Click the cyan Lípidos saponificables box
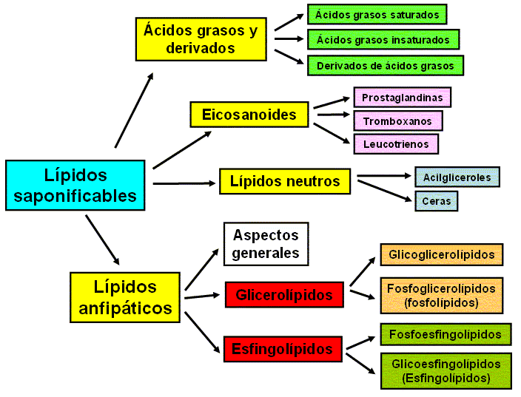pyautogui.click(x=75, y=185)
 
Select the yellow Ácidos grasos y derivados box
pyautogui.click(x=200, y=39)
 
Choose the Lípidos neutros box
pyautogui.click(x=284, y=181)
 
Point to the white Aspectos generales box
pyautogui.click(x=266, y=244)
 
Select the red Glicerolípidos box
pyautogui.click(x=284, y=295)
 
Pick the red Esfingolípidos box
pyautogui.click(x=283, y=348)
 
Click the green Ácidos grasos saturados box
pyautogui.click(x=377, y=14)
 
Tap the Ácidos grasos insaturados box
pyautogui.click(x=383, y=39)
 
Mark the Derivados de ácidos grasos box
pyautogui.click(x=385, y=65)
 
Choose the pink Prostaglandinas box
pyautogui.click(x=402, y=97)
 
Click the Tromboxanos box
pyautogui.click(x=397, y=120)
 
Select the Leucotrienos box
pyautogui.click(x=396, y=143)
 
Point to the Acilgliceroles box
pyautogui.click(x=457, y=177)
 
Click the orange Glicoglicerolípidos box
pyautogui.click(x=442, y=255)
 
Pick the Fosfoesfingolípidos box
pyautogui.click(x=445, y=334)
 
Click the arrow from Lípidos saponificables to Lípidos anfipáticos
pyautogui.click(x=102, y=239)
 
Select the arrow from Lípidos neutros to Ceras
pyautogui.click(x=385, y=189)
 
